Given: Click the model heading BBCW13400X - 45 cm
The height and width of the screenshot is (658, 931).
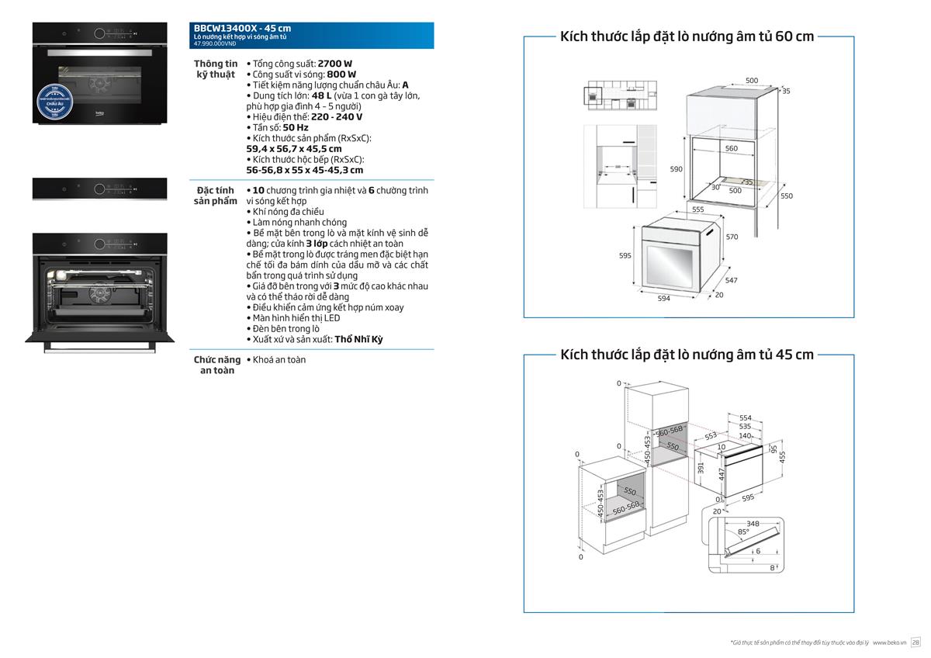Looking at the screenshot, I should point(242,28).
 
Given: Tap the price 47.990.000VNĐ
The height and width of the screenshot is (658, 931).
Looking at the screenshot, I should point(215,44).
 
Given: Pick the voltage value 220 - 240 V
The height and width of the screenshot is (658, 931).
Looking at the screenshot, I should point(337,117).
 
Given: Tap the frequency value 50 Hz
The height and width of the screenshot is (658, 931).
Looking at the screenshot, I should point(296,127).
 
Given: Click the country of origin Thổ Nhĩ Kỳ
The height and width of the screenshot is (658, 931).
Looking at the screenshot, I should point(358,339).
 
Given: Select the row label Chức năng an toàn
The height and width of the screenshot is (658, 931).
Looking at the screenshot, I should point(216,365).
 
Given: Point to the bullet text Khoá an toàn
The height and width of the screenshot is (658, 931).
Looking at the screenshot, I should point(279,360).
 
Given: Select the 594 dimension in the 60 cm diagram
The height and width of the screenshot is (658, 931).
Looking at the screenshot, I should point(663,298).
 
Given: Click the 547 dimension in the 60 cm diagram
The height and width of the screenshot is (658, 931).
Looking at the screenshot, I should point(731,280).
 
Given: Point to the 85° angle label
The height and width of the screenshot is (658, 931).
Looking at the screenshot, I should point(743,532).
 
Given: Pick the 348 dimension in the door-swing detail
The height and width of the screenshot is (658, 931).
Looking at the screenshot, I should point(753,524).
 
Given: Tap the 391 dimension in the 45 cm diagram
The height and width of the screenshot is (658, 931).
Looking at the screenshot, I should point(701,469).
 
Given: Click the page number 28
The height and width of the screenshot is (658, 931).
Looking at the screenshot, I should point(915,642).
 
